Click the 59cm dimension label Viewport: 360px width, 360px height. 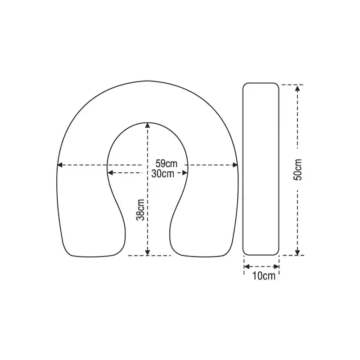(x=166, y=164)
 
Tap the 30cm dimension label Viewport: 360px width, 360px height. (x=163, y=174)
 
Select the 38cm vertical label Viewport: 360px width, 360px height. (x=140, y=210)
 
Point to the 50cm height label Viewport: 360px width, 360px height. (x=297, y=170)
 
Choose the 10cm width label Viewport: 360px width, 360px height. (x=264, y=276)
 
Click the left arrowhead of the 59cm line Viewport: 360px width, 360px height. (x=60, y=165)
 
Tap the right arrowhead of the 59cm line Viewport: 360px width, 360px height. (x=235, y=165)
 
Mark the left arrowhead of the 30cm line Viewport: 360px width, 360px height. (x=110, y=173)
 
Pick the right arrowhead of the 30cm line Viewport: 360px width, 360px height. (x=185, y=173)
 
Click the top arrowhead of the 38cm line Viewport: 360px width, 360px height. (x=148, y=126)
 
